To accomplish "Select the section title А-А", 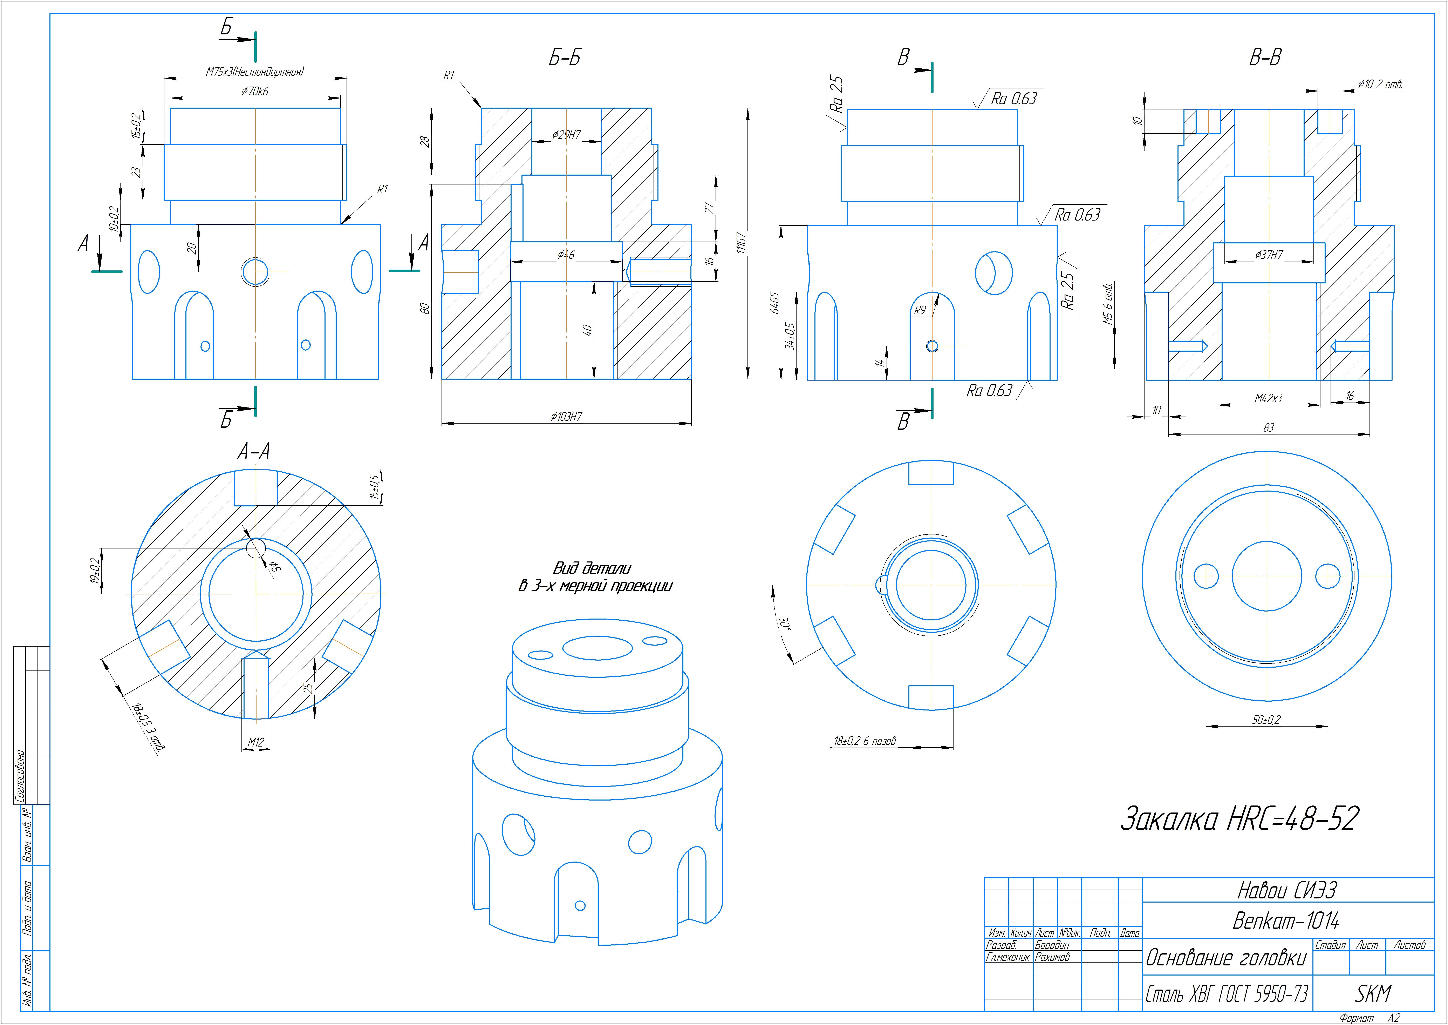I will [x=254, y=451].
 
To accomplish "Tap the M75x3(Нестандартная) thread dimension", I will [x=255, y=72].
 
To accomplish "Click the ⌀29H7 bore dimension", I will [x=566, y=134].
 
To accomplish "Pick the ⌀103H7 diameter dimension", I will [x=566, y=417].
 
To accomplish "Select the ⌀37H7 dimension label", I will [x=1269, y=255].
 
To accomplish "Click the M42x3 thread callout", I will [x=1268, y=398].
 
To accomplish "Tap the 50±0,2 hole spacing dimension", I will [x=1266, y=720].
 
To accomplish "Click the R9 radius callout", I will [x=920, y=311].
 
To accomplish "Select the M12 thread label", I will [x=255, y=743].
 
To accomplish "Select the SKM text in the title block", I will [x=1372, y=994].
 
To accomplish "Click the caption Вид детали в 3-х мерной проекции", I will [x=594, y=577].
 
